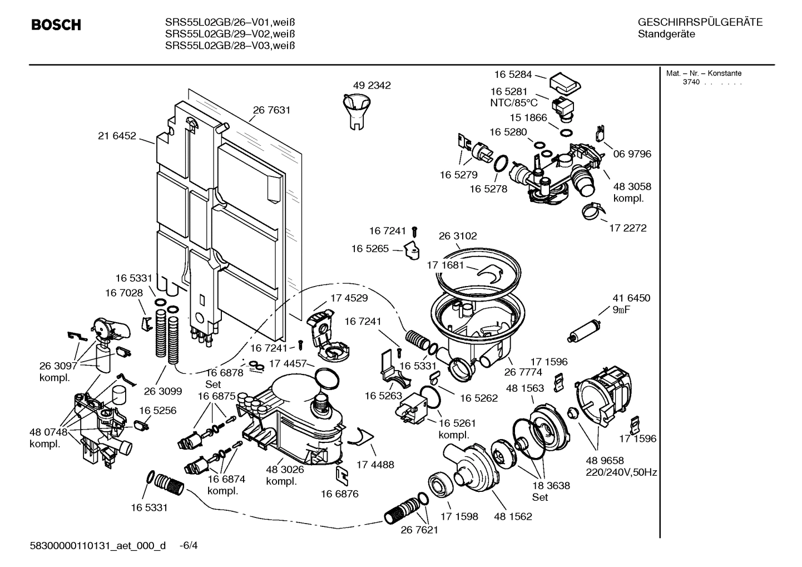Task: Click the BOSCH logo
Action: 56,25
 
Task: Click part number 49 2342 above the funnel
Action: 372,85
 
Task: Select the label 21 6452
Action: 117,135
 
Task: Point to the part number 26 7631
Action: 271,110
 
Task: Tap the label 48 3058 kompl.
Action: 632,193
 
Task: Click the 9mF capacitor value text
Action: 621,310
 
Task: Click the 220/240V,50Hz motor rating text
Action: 621,472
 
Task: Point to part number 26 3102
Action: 458,236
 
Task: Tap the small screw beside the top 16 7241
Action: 414,230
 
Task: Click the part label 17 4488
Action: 375,464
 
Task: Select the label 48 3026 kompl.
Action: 285,475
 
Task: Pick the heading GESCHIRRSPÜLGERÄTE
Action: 700,23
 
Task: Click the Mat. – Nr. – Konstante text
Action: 704,73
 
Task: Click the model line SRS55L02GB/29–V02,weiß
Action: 230,34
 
